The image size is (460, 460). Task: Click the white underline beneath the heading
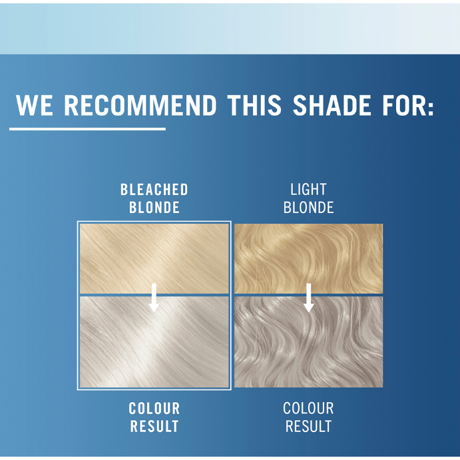(x=87, y=128)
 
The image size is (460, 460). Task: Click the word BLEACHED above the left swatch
(x=154, y=190)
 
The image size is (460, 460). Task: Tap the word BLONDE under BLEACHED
(x=154, y=208)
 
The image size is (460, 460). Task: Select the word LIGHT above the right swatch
(x=308, y=190)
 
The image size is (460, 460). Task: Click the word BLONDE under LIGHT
(x=308, y=208)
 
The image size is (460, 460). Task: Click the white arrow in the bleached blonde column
(x=154, y=297)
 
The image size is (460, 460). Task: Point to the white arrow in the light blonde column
(x=308, y=297)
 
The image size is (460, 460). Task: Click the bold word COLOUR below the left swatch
(x=154, y=409)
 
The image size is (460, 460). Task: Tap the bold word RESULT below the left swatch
(x=154, y=426)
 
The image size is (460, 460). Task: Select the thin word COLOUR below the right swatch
(x=308, y=409)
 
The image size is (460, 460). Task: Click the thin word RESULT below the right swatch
(x=308, y=426)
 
